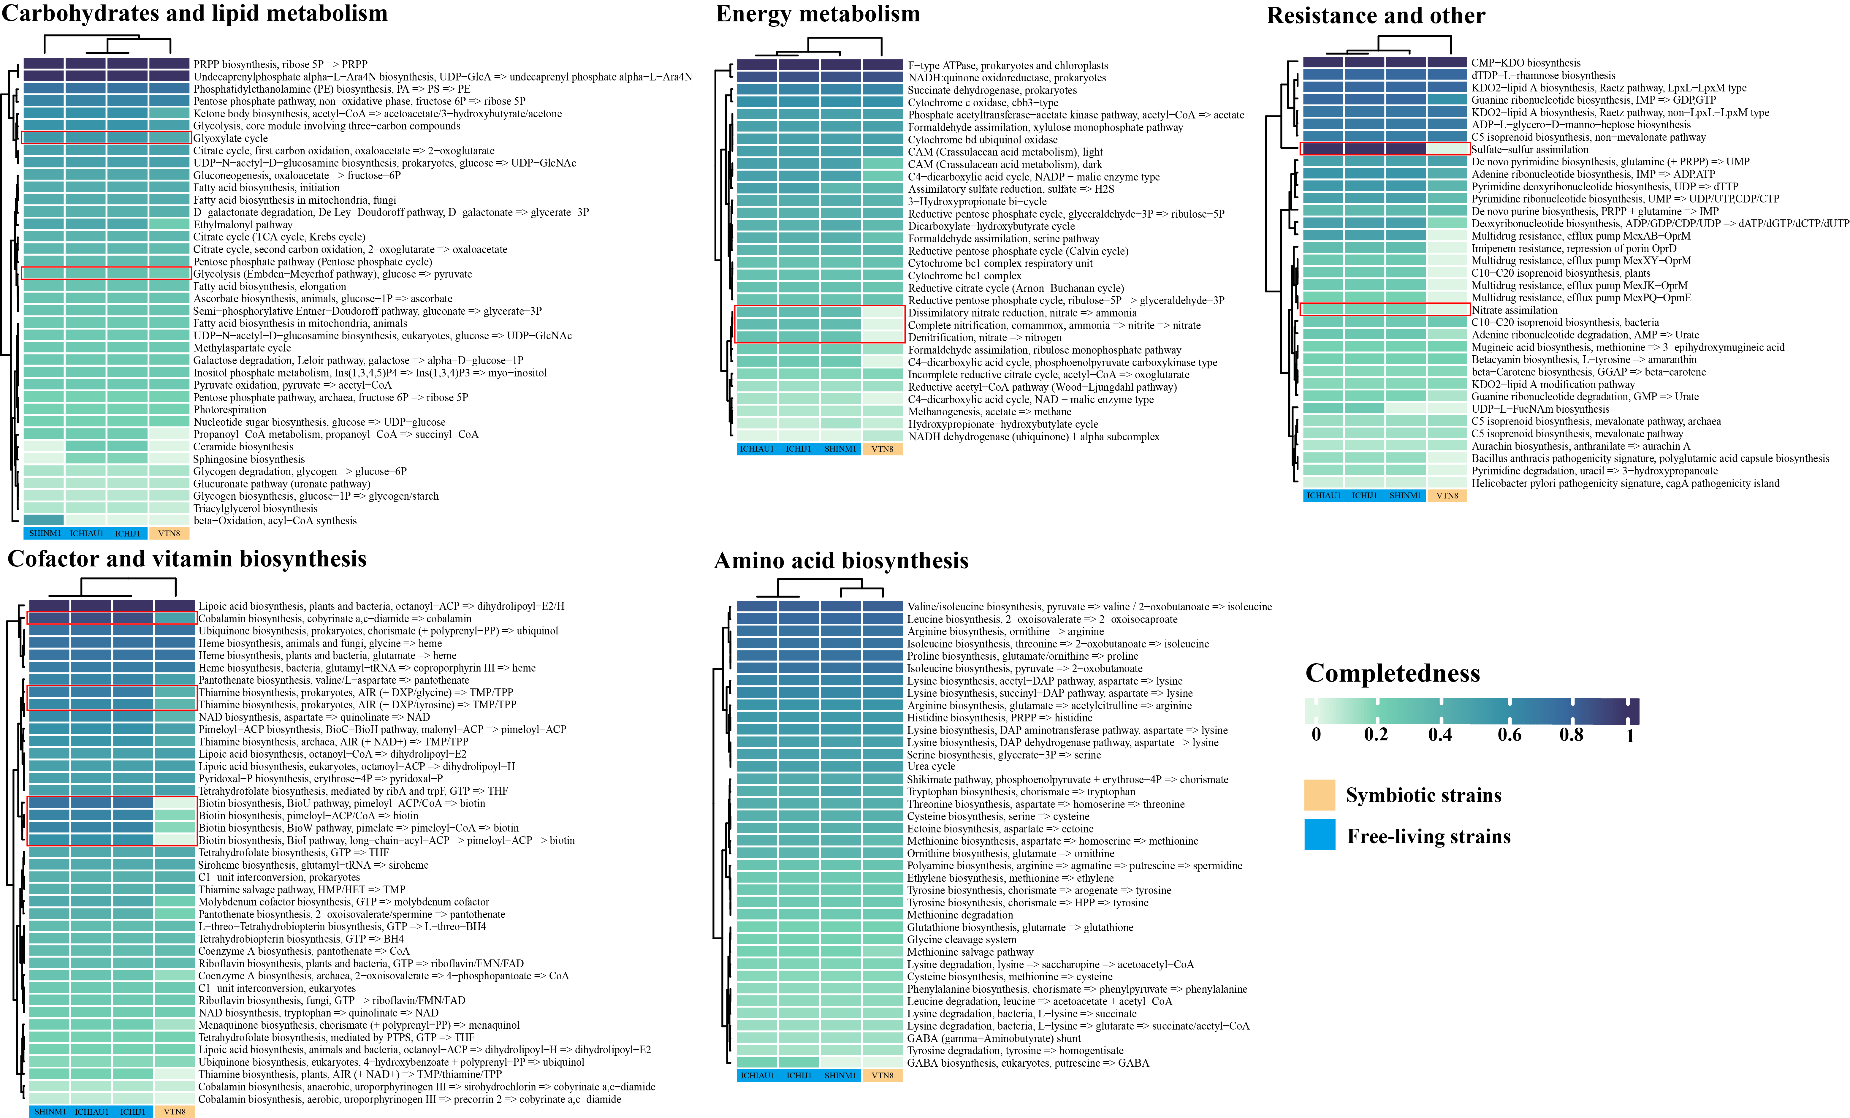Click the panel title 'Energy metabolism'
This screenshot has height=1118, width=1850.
[818, 14]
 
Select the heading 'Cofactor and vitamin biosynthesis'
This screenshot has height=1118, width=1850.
[187, 559]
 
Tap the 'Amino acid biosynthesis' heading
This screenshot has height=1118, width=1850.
[841, 561]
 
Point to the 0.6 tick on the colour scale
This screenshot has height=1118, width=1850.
[1509, 734]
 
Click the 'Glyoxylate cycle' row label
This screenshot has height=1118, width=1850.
[230, 138]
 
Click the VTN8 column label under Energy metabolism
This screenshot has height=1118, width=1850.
[882, 449]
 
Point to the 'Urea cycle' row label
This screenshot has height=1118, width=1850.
[931, 767]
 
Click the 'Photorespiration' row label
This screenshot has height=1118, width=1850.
[230, 410]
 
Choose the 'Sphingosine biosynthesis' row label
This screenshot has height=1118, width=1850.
[249, 460]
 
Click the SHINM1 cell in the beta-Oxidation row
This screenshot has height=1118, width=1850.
[44, 520]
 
